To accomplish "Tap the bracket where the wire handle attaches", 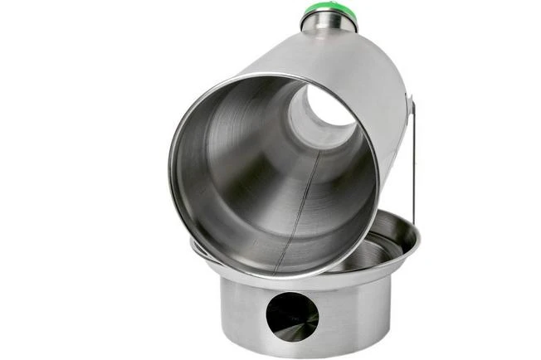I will (x=408, y=103).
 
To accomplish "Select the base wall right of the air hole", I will (x=353, y=311).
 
